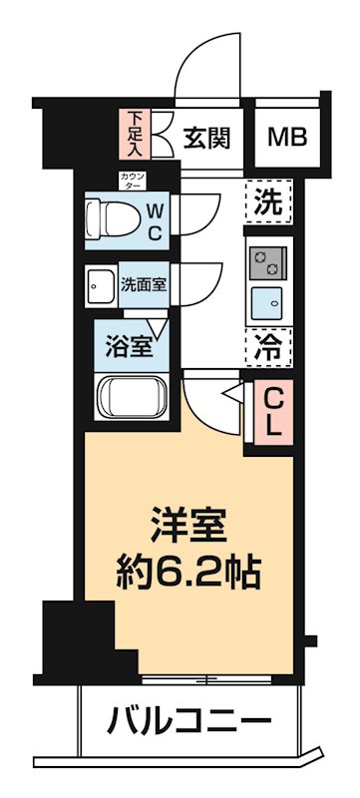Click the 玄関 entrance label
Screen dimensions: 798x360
(207, 137)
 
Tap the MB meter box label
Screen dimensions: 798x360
(287, 137)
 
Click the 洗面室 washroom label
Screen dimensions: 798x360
(145, 282)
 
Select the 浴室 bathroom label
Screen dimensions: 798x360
(130, 348)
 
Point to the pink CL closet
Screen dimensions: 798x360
(273, 411)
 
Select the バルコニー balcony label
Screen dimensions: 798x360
(188, 718)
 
